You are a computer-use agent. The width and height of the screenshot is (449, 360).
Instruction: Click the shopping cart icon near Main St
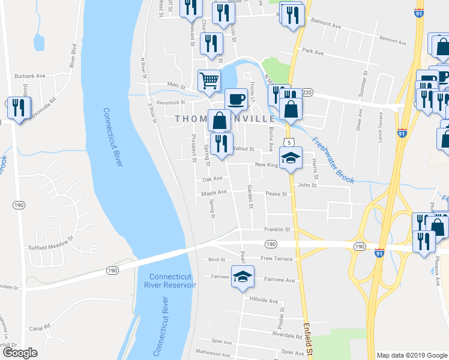(208, 79)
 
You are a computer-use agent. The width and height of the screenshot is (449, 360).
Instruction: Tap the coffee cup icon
(235, 98)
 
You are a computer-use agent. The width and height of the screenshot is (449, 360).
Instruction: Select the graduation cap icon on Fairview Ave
(242, 277)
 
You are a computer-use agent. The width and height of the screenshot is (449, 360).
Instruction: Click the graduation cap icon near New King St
(291, 158)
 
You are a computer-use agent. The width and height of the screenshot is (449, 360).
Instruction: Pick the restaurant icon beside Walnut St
(221, 144)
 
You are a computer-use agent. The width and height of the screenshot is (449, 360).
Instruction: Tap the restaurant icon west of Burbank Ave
(18, 108)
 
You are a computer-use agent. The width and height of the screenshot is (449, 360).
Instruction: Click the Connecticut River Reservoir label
(173, 281)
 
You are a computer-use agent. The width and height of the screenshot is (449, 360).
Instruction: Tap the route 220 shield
(307, 92)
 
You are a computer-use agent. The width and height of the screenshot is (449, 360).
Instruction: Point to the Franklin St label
(278, 229)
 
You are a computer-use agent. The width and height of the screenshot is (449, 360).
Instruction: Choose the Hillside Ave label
(264, 300)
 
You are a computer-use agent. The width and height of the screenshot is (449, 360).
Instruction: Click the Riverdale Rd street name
(287, 337)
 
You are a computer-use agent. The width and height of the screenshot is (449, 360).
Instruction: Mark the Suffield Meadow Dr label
(50, 238)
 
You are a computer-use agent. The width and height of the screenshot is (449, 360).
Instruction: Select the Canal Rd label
(38, 328)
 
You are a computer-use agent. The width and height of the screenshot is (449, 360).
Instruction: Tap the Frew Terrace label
(277, 259)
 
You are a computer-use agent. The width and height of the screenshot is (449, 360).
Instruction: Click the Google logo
(19, 353)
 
